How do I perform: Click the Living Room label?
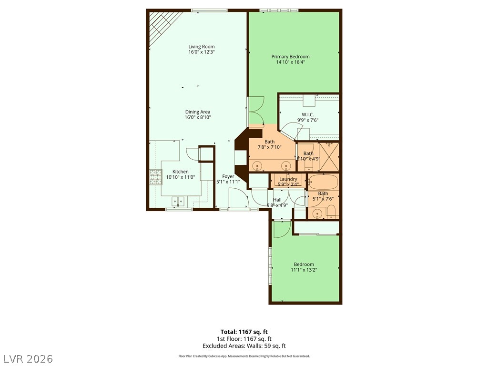tap(201, 47)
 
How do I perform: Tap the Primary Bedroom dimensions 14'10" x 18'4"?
tap(290, 62)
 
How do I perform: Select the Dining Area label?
tap(198, 112)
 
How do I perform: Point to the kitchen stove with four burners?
tap(155, 177)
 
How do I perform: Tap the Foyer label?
tap(228, 176)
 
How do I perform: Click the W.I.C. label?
tap(307, 114)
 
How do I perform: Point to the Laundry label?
tap(288, 179)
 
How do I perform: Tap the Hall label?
tap(277, 200)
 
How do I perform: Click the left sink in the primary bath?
tap(257, 165)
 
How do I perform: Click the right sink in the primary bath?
tap(286, 165)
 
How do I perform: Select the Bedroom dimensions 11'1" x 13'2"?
tap(304, 270)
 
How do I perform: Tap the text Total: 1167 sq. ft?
tap(244, 332)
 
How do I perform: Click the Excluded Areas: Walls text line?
tap(244, 346)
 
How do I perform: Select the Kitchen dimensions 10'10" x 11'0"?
tap(180, 177)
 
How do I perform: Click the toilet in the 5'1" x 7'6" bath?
tap(331, 212)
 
